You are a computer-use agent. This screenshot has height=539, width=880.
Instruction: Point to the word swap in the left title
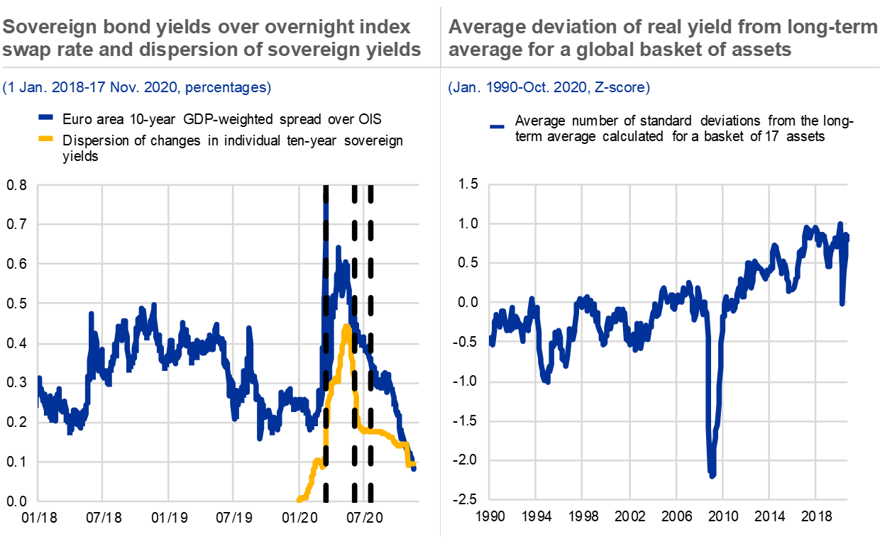22,50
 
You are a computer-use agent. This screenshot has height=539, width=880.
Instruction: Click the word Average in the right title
483,28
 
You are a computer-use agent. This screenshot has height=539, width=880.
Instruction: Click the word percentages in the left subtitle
228,88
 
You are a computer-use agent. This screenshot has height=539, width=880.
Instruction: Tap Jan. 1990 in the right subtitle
478,88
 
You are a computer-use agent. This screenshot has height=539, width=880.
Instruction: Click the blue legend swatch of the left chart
46,117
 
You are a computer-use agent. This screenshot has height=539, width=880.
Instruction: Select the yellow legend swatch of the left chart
46,138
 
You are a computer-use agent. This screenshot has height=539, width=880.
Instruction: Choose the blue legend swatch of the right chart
497,127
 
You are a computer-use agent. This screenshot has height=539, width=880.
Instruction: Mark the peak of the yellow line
346,326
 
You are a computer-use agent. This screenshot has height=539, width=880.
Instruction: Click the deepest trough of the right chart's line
712,474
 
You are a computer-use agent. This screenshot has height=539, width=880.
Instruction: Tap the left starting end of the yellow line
299,500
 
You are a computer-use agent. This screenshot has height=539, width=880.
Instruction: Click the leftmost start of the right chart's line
492,343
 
